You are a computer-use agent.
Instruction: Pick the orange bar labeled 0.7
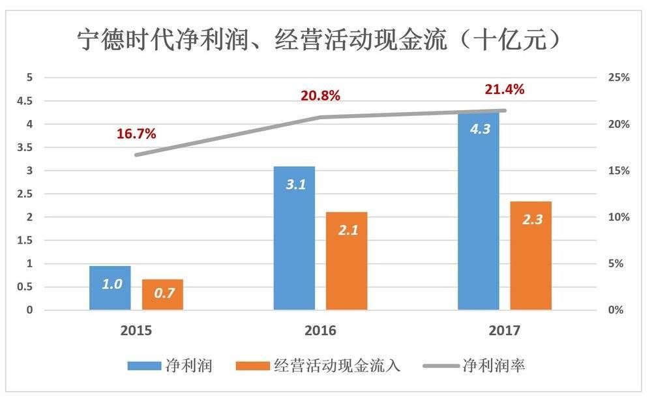coord(162,295)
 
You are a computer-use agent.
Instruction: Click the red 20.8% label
coord(320,96)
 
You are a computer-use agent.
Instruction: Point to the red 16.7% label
coord(136,134)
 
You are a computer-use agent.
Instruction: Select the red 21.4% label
coord(505,90)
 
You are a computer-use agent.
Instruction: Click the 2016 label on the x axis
coord(320,331)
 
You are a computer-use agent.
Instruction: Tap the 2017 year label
coord(505,331)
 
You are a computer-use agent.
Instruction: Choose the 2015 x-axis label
coord(136,331)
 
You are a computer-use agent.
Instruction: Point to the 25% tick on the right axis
coord(619,78)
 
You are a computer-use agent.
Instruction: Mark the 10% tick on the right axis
coord(619,217)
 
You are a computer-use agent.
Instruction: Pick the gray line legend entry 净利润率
coord(475,366)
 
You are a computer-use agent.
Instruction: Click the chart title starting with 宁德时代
coord(319,40)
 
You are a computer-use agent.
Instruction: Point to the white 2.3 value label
coord(531,220)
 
